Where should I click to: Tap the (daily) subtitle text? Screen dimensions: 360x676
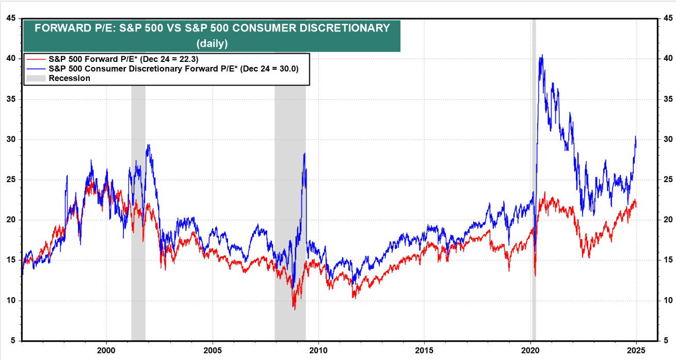(x=212, y=43)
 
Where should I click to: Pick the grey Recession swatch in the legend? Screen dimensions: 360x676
(x=36, y=78)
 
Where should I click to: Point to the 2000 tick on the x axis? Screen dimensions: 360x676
(x=106, y=349)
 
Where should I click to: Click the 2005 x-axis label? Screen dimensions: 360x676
(x=213, y=349)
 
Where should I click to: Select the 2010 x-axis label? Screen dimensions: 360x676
(x=318, y=349)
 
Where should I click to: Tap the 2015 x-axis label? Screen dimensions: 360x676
(x=424, y=349)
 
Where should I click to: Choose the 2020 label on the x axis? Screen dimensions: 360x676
(x=530, y=349)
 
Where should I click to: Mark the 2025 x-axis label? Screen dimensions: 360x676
(x=636, y=349)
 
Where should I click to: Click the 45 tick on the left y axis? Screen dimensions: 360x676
(x=10, y=18)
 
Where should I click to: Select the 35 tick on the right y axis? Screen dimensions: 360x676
(x=667, y=99)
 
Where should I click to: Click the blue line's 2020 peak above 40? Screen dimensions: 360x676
(x=541, y=55)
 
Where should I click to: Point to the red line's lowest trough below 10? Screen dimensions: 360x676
(x=294, y=309)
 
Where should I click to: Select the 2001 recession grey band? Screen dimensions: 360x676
(x=138, y=206)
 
